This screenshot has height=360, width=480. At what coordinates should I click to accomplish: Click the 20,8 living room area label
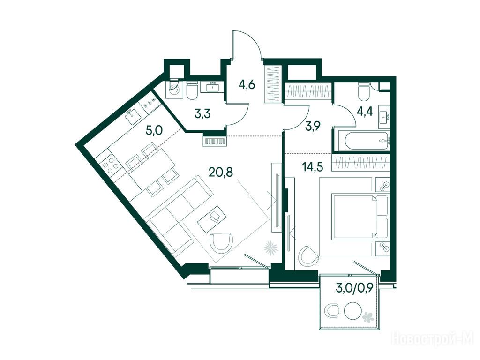[221, 172]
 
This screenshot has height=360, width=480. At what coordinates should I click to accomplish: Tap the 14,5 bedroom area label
[312, 168]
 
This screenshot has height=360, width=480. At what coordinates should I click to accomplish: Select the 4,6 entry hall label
[247, 84]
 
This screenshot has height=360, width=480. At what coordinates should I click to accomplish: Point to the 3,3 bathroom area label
[203, 114]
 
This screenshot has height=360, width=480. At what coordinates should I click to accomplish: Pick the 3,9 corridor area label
[313, 126]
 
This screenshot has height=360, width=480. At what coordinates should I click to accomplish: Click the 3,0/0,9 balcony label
[355, 289]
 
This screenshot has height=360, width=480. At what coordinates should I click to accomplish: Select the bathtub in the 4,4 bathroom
[367, 141]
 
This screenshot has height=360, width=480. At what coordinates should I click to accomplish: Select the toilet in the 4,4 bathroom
[364, 92]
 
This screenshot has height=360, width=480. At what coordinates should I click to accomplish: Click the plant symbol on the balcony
[367, 317]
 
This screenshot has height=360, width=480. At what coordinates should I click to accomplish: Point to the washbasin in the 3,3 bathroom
[212, 87]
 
